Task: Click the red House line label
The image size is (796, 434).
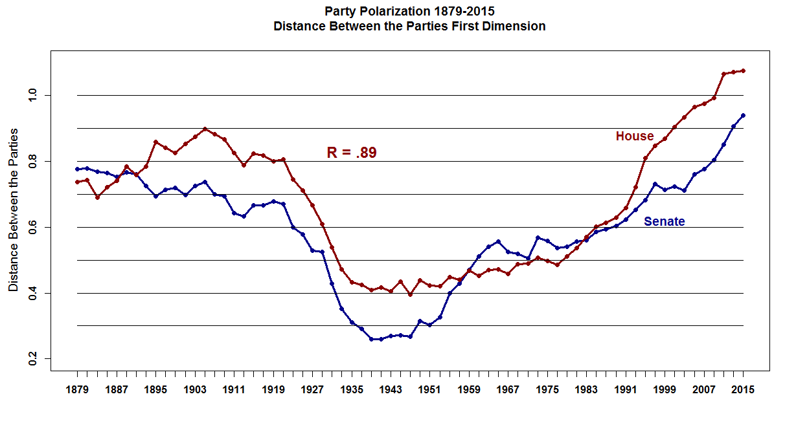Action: click(x=634, y=136)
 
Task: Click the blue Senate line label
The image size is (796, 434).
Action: click(x=664, y=222)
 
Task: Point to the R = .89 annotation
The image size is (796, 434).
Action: click(x=351, y=153)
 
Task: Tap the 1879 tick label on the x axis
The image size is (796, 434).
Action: click(x=77, y=390)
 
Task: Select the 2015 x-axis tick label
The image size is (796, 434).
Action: click(x=743, y=390)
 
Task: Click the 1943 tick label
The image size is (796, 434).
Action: click(x=391, y=390)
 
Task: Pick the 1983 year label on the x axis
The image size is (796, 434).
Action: click(x=586, y=390)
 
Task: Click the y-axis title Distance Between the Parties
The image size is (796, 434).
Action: click(x=14, y=210)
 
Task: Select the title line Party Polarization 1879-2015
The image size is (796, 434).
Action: click(x=409, y=12)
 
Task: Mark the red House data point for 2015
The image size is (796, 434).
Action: click(x=743, y=71)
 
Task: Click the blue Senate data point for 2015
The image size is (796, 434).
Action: click(x=743, y=115)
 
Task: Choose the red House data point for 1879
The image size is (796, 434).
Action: click(x=77, y=182)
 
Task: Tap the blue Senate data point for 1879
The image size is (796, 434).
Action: click(x=77, y=169)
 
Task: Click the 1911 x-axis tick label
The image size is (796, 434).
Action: click(x=234, y=390)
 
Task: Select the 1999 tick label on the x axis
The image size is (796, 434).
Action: click(x=665, y=390)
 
